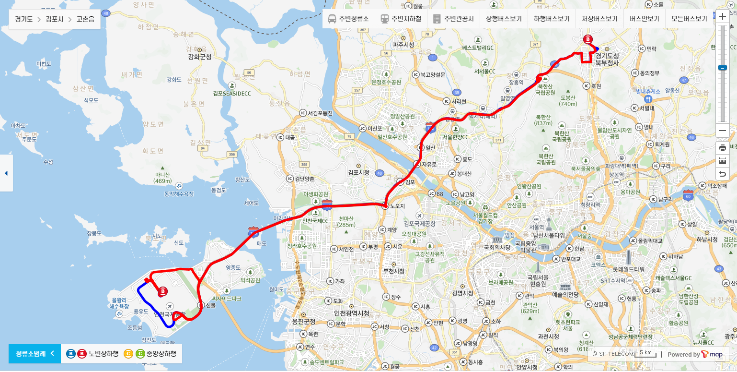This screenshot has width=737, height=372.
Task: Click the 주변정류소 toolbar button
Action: coord(348,19)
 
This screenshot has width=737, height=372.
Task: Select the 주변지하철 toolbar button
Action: coord(401,19)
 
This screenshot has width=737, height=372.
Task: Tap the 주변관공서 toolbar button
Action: coord(453,19)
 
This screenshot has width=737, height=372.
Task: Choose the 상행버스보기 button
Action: coord(504,19)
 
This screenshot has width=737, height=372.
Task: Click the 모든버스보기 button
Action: coord(689,19)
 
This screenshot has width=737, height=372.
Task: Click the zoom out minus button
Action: coord(722,131)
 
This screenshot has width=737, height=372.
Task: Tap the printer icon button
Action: coord(722,147)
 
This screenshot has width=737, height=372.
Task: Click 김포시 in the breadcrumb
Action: coord(55,20)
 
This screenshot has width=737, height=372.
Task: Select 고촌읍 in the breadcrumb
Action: coord(85,20)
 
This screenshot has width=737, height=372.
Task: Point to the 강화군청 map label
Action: coord(200,57)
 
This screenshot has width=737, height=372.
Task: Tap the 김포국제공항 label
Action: coord(420,223)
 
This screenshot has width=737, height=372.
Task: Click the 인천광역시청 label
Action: coord(352,313)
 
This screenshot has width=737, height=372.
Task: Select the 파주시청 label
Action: coord(403,45)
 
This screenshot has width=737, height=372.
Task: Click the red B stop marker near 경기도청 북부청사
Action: coord(587,40)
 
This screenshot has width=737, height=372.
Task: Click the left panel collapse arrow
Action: coord(6,173)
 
